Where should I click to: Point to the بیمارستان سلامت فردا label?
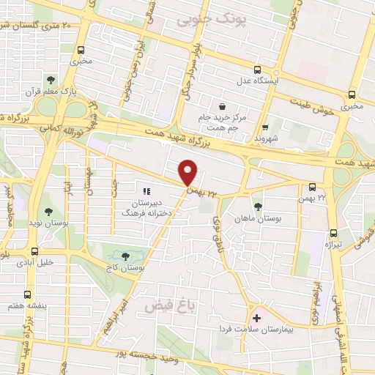[x=254, y=330]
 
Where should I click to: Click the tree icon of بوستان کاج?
[x=125, y=256]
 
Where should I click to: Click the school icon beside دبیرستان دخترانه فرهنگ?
[x=136, y=181]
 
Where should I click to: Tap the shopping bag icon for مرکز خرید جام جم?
[x=222, y=106]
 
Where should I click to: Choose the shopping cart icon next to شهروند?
[x=266, y=126]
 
